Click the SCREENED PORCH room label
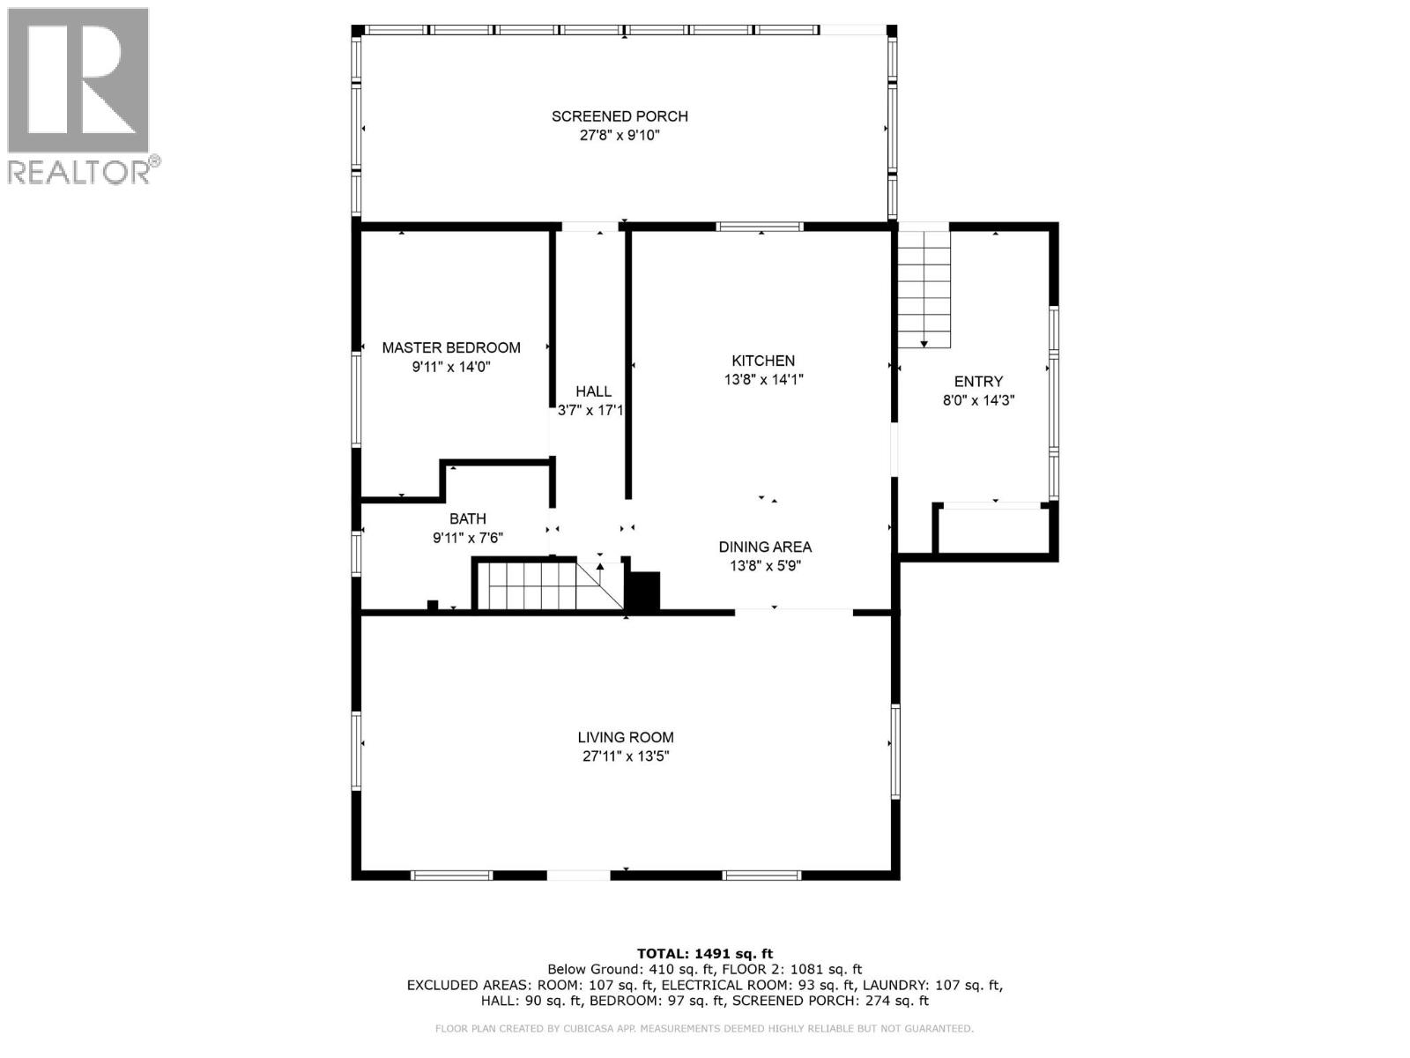point(620,116)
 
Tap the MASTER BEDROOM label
point(451,347)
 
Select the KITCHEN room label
point(763,361)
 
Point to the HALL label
point(593,391)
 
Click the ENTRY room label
point(978,381)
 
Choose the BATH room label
point(468,518)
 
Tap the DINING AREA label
point(765,547)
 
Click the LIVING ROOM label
point(626,737)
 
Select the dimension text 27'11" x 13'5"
point(626,756)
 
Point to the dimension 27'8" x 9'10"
point(620,136)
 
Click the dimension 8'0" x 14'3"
point(978,400)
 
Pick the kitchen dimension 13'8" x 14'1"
point(764,380)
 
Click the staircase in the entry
point(924,289)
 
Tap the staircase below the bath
point(549,585)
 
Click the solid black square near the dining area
point(642,591)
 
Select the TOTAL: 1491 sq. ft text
point(705,954)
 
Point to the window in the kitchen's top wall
point(760,226)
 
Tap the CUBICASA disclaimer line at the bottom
point(704,1028)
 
